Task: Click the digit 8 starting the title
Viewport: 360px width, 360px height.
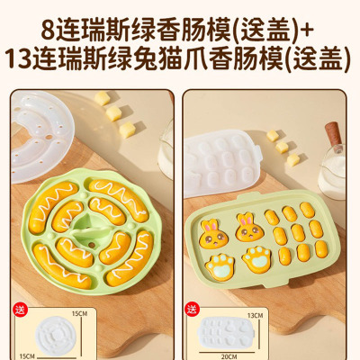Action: click(x=48, y=31)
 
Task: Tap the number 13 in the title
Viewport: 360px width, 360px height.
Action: click(x=19, y=58)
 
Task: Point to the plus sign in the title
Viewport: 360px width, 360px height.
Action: click(x=307, y=31)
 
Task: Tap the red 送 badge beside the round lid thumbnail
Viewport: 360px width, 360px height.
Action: click(x=20, y=310)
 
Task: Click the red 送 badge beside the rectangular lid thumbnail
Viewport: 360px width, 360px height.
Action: click(x=193, y=310)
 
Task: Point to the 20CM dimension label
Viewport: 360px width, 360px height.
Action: click(x=229, y=356)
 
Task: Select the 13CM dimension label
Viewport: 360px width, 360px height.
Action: click(x=256, y=315)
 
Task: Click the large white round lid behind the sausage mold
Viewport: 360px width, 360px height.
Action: click(x=41, y=137)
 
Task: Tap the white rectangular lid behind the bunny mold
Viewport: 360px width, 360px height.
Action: click(x=222, y=162)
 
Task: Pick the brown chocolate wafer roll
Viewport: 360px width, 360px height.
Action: click(x=333, y=134)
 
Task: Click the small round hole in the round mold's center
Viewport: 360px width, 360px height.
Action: click(x=92, y=245)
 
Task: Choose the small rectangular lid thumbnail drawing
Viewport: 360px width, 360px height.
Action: click(x=228, y=334)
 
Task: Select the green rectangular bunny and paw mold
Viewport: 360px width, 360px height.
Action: click(x=262, y=240)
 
